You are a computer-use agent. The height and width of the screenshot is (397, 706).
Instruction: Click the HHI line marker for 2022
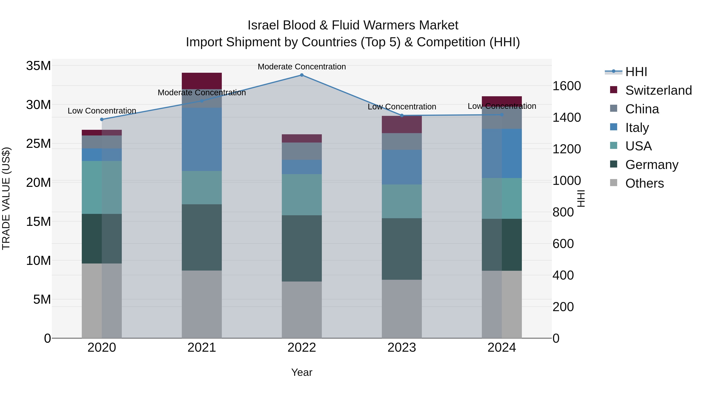point(302,75)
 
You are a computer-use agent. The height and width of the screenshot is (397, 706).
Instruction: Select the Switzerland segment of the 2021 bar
point(202,81)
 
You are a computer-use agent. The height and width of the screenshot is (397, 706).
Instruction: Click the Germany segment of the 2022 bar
point(302,248)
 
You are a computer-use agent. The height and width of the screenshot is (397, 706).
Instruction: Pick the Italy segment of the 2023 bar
point(402,167)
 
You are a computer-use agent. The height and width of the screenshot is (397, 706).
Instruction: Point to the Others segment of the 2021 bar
point(202,304)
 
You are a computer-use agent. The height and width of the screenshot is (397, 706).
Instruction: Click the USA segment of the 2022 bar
point(302,194)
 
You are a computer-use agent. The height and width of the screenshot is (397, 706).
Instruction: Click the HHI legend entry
point(636,72)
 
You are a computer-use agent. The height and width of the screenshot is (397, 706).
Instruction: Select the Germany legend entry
point(652,165)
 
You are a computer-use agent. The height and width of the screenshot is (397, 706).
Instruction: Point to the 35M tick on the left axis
point(38,66)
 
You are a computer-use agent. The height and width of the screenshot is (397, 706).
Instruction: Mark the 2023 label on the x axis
point(402,348)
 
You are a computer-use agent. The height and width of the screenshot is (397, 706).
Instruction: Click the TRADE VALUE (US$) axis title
point(6,198)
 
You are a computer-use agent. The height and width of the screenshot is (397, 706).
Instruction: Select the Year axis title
point(302,372)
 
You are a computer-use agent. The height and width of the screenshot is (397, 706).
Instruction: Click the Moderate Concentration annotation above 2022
point(302,67)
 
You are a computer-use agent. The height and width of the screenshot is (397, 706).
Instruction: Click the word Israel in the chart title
point(264,25)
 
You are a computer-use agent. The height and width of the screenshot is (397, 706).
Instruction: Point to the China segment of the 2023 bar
point(402,141)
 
